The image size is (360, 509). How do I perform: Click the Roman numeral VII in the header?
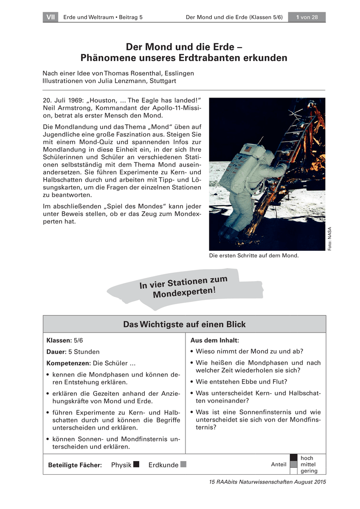(x=51, y=17)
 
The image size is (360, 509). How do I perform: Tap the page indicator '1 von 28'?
(x=307, y=17)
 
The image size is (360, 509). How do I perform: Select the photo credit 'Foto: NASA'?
(x=329, y=239)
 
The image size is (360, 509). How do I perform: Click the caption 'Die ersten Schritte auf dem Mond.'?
(x=254, y=256)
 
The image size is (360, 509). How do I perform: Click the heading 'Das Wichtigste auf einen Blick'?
(x=184, y=324)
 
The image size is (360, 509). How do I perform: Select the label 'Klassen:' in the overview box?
(x=59, y=340)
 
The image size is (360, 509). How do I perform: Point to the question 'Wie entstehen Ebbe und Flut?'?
(x=242, y=381)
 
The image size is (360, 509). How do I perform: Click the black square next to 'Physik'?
(x=136, y=464)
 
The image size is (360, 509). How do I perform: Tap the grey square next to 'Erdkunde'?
(x=183, y=464)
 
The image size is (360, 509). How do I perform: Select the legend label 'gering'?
(x=309, y=471)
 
